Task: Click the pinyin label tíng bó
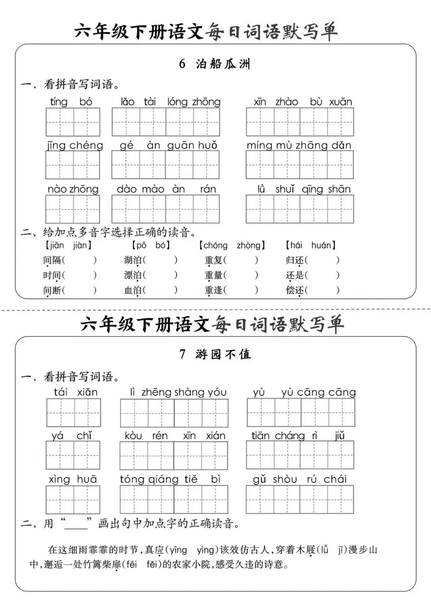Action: (71, 102)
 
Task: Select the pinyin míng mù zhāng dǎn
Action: (299, 145)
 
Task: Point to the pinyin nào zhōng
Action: (73, 189)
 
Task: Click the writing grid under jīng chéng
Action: (73, 165)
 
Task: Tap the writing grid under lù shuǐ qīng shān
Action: (300, 209)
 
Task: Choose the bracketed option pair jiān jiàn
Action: (68, 245)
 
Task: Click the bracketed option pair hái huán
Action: (311, 245)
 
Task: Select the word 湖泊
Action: (133, 260)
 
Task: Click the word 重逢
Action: (214, 290)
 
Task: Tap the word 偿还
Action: (295, 290)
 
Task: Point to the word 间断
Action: (52, 290)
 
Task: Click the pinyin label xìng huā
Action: (73, 479)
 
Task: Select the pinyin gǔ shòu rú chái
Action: (300, 479)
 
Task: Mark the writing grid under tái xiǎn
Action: (73, 413)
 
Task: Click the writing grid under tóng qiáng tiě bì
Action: (174, 499)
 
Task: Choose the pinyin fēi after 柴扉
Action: (131, 564)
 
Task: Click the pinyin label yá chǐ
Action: (72, 436)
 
